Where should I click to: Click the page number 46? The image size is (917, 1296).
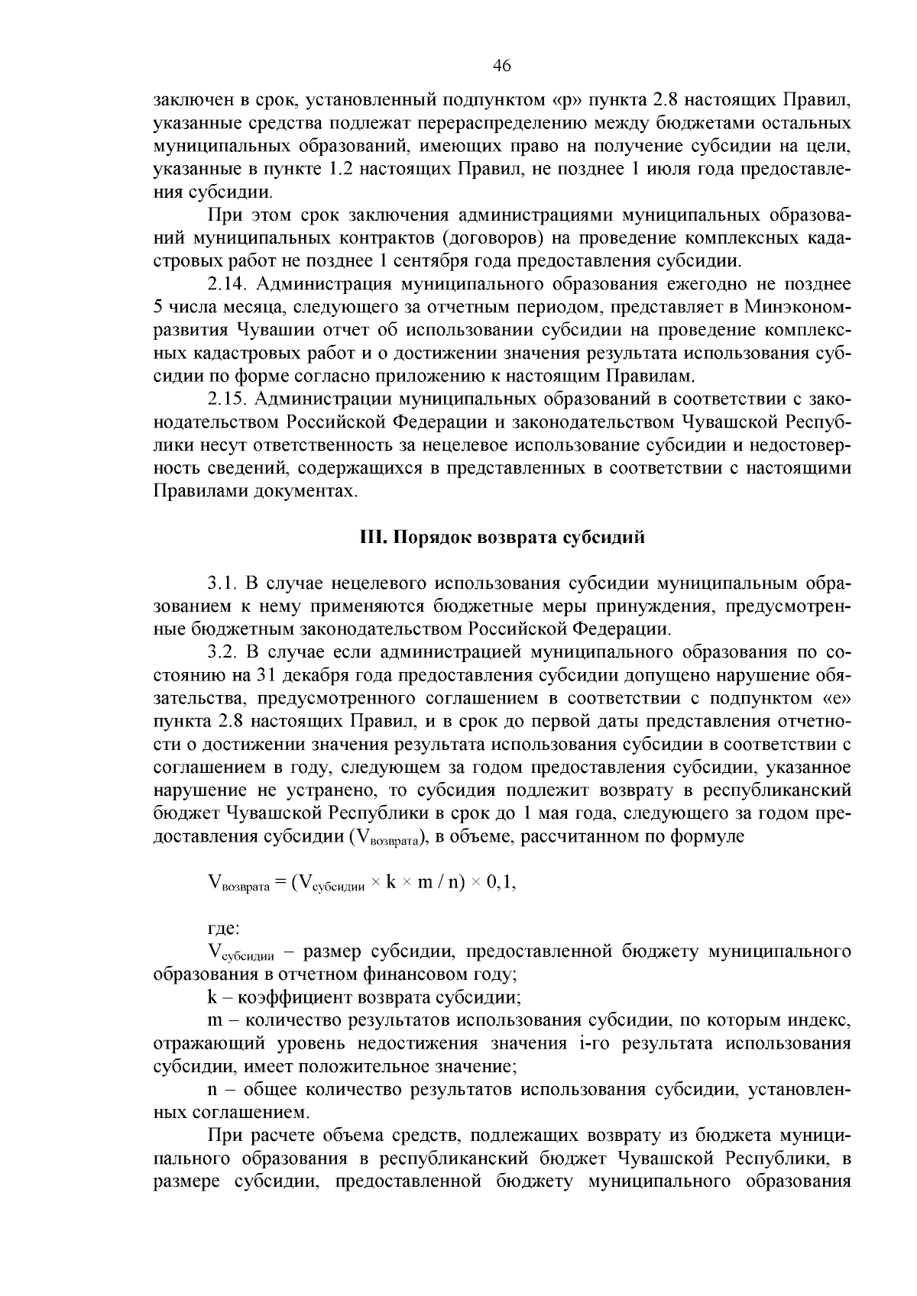click(502, 66)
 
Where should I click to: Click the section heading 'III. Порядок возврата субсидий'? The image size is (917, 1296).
click(502, 537)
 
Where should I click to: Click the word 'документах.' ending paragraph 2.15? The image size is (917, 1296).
click(311, 491)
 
